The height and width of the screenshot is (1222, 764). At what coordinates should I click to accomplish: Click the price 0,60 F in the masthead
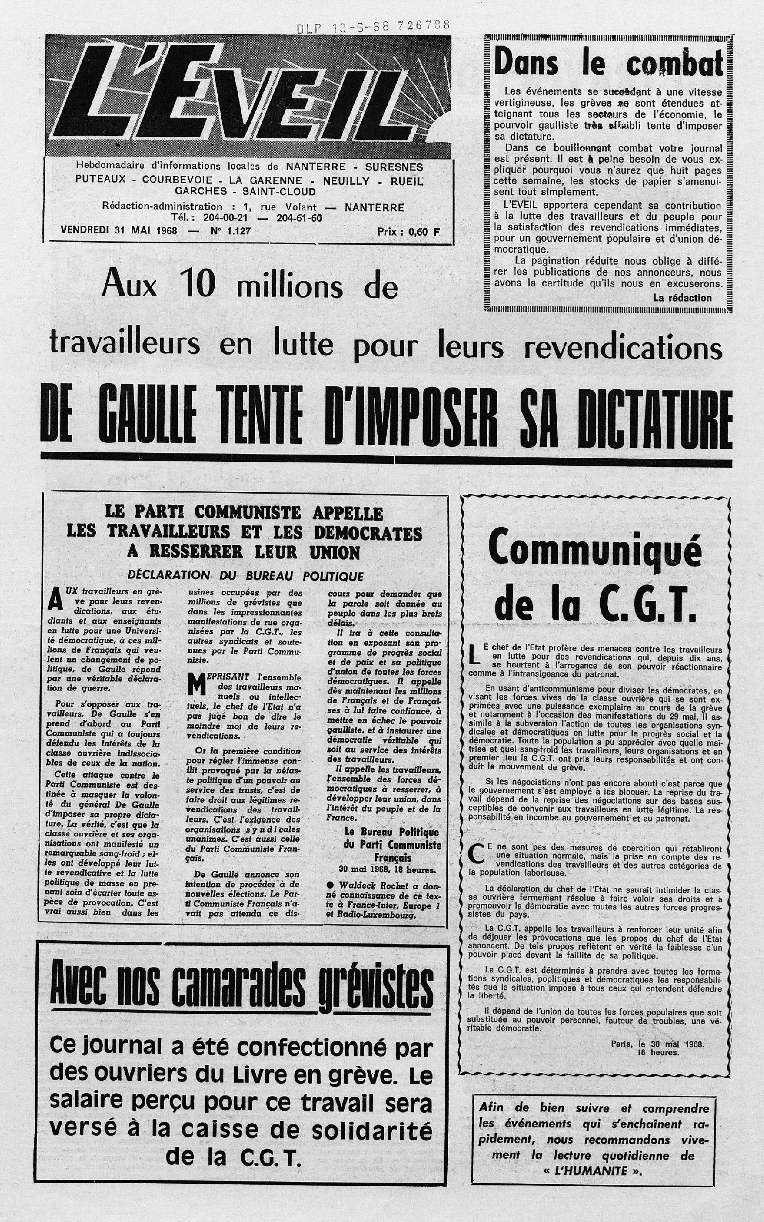[408, 232]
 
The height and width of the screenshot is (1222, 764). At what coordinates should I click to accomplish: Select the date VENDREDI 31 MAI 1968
[119, 230]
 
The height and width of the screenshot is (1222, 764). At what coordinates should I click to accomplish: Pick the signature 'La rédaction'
[682, 298]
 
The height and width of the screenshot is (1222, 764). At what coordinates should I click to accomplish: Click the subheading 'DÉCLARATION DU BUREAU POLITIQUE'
[246, 576]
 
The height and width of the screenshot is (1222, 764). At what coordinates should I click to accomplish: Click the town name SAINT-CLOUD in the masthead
[279, 192]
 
